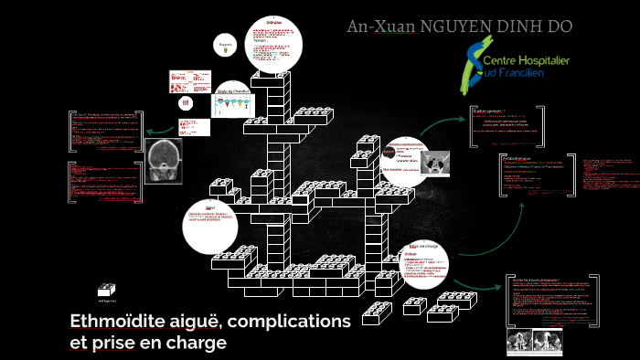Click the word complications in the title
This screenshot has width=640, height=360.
293,321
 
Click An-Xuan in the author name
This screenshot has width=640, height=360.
379,26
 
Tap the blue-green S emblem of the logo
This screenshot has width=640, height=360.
475,64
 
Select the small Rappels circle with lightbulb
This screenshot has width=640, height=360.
224,46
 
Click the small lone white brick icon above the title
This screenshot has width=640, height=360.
108,287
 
